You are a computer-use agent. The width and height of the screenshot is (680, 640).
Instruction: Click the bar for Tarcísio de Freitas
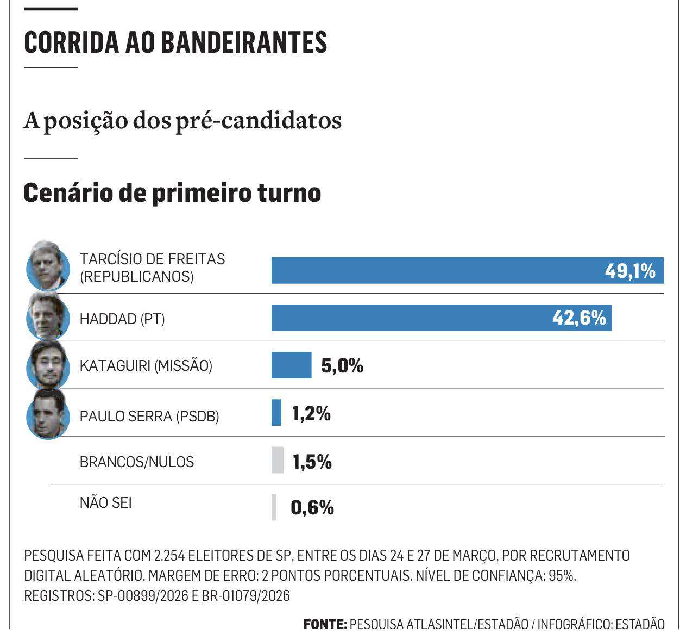coord(435,270)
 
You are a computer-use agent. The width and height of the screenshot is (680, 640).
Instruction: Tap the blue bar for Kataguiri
coord(291,365)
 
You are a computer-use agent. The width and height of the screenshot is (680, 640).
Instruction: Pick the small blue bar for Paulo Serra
coord(276,412)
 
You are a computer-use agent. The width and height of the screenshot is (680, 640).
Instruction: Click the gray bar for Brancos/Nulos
coord(278,460)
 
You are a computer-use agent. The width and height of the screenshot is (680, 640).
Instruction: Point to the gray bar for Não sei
coord(274,507)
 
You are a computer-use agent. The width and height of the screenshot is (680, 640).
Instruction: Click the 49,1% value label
coord(630,270)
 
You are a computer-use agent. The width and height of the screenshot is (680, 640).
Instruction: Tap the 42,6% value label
coord(579,318)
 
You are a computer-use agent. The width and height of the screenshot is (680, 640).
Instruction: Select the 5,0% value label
coord(342,365)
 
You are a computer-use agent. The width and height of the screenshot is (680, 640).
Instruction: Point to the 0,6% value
coord(312,508)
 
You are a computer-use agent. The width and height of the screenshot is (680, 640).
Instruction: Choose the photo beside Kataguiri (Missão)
coord(48,364)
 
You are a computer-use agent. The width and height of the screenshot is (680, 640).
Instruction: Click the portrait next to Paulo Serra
coord(48,414)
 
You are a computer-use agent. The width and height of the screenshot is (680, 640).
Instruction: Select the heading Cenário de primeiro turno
coord(172,192)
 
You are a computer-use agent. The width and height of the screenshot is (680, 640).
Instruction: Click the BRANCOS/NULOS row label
coord(136,462)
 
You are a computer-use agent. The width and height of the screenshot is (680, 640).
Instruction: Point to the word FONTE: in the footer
coord(325,624)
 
